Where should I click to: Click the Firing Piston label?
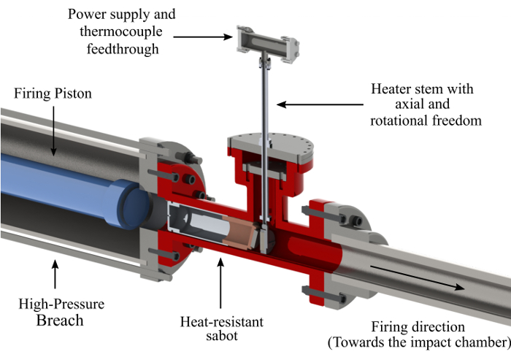tap(53, 93)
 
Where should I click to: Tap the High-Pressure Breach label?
tap(61, 312)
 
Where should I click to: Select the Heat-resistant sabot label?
tap(222, 329)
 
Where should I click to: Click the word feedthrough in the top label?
tap(123, 49)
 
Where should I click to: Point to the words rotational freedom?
tap(426, 120)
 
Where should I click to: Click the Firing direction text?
tap(418, 326)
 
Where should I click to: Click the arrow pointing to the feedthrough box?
tap(203, 37)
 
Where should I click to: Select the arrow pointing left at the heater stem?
tap(320, 104)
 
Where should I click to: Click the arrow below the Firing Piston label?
tap(53, 131)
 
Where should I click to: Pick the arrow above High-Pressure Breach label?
tap(55, 274)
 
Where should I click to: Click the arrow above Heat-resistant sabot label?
tap(220, 283)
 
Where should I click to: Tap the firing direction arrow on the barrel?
tap(418, 277)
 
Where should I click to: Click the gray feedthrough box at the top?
tap(268, 43)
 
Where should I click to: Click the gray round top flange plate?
tap(271, 148)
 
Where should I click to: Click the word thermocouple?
tap(121, 31)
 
